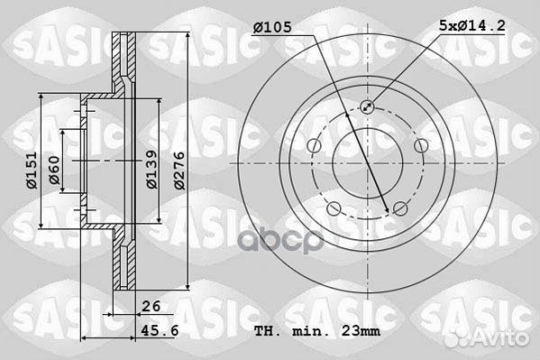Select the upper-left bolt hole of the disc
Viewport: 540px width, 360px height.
click(x=312, y=146)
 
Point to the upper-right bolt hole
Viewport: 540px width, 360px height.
click(x=420, y=146)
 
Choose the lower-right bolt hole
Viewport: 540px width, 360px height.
click(x=399, y=209)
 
